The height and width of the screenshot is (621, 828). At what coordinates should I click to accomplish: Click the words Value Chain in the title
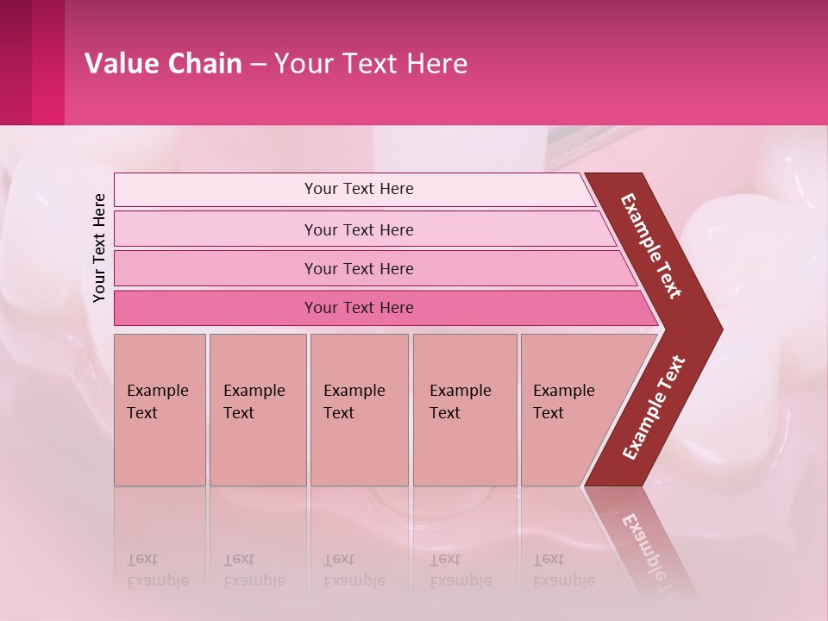(x=163, y=64)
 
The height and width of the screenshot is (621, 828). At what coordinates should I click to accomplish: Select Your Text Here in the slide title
(x=371, y=64)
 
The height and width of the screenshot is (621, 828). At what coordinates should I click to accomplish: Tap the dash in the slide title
(x=258, y=65)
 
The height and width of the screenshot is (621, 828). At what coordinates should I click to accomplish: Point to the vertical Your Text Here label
(x=99, y=248)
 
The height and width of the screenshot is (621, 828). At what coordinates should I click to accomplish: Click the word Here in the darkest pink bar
(x=395, y=308)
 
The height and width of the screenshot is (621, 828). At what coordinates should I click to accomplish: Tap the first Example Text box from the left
(x=160, y=410)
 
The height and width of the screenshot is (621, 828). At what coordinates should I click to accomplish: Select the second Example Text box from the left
(x=258, y=410)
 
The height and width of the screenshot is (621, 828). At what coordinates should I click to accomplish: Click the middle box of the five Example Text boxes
(x=359, y=410)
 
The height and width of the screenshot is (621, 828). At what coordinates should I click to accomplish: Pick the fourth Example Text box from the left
(x=465, y=410)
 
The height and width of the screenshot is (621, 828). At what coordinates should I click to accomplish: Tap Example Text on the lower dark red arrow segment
(x=654, y=408)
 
